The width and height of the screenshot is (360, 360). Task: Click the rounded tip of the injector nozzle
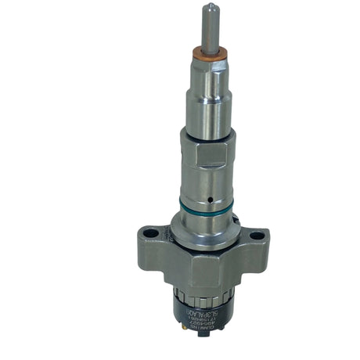click(x=211, y=7)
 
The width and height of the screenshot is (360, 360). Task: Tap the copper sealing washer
click(x=209, y=53)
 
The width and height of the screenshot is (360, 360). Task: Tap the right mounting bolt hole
click(x=257, y=234)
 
